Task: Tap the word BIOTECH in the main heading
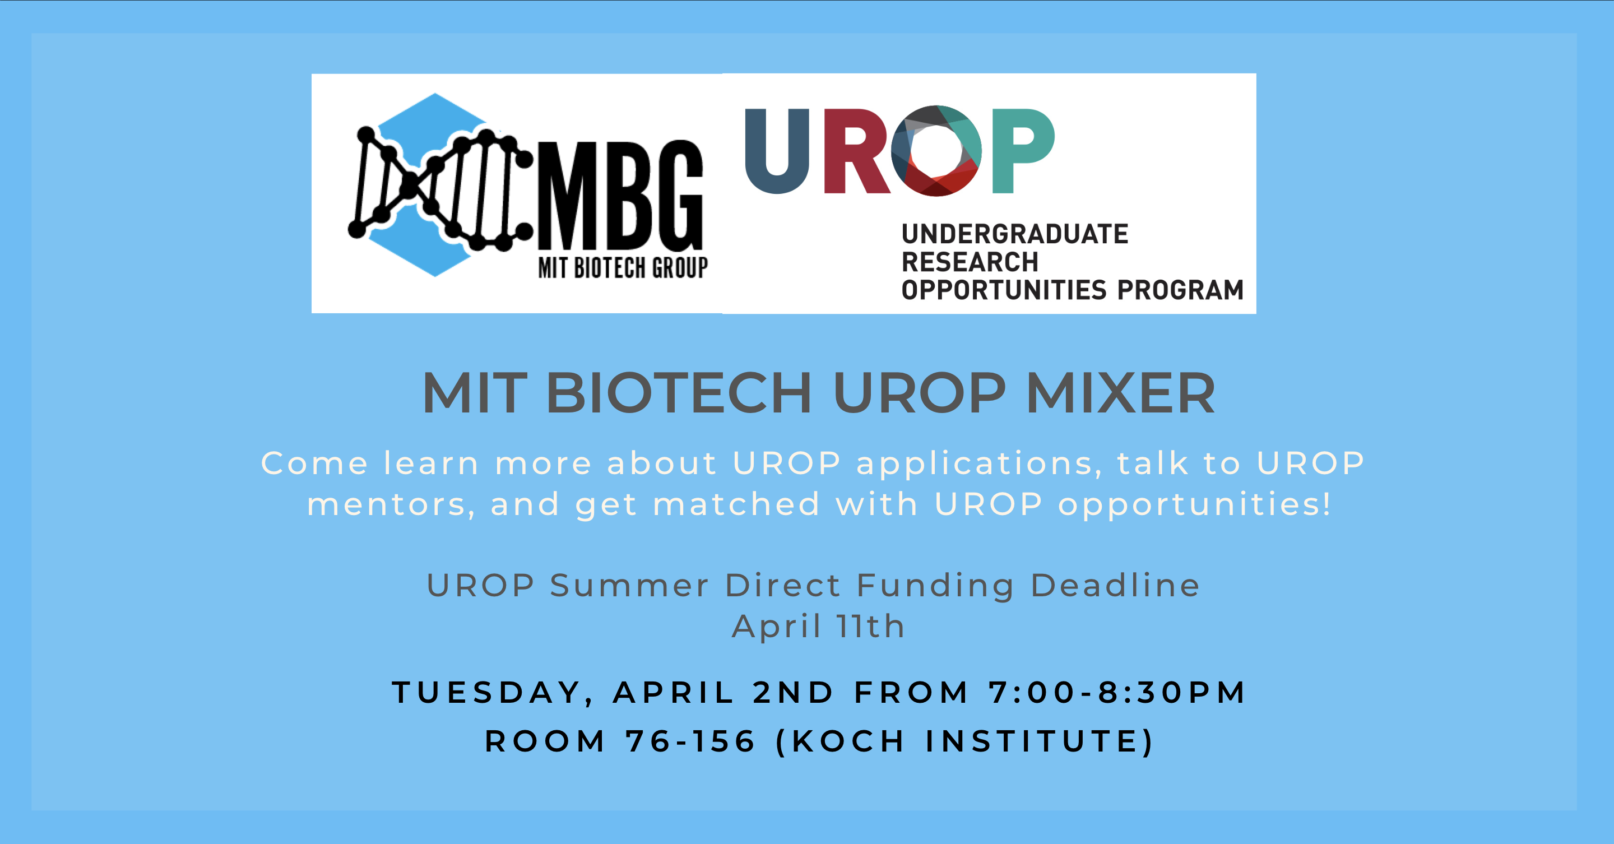679,393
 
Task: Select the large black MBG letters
621,196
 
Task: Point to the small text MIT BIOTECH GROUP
623,267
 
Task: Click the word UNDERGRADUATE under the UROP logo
1015,234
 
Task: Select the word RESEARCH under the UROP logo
970,262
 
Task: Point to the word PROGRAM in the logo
1180,290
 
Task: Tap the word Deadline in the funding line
1115,585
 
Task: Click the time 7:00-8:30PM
1117,692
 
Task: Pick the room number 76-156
690,741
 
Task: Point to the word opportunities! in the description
1194,505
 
